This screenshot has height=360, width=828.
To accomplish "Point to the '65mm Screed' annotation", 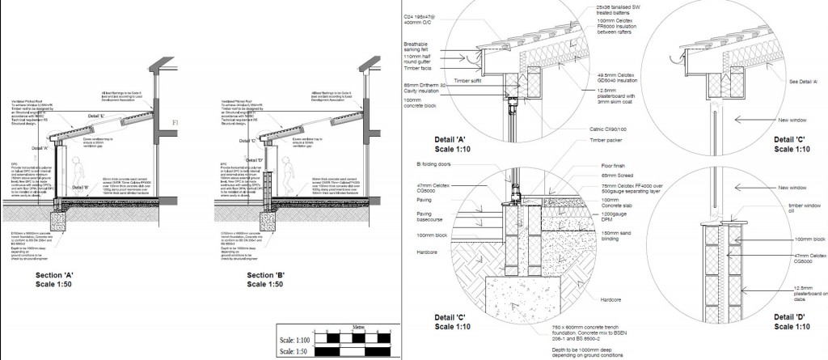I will tap(612, 175).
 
